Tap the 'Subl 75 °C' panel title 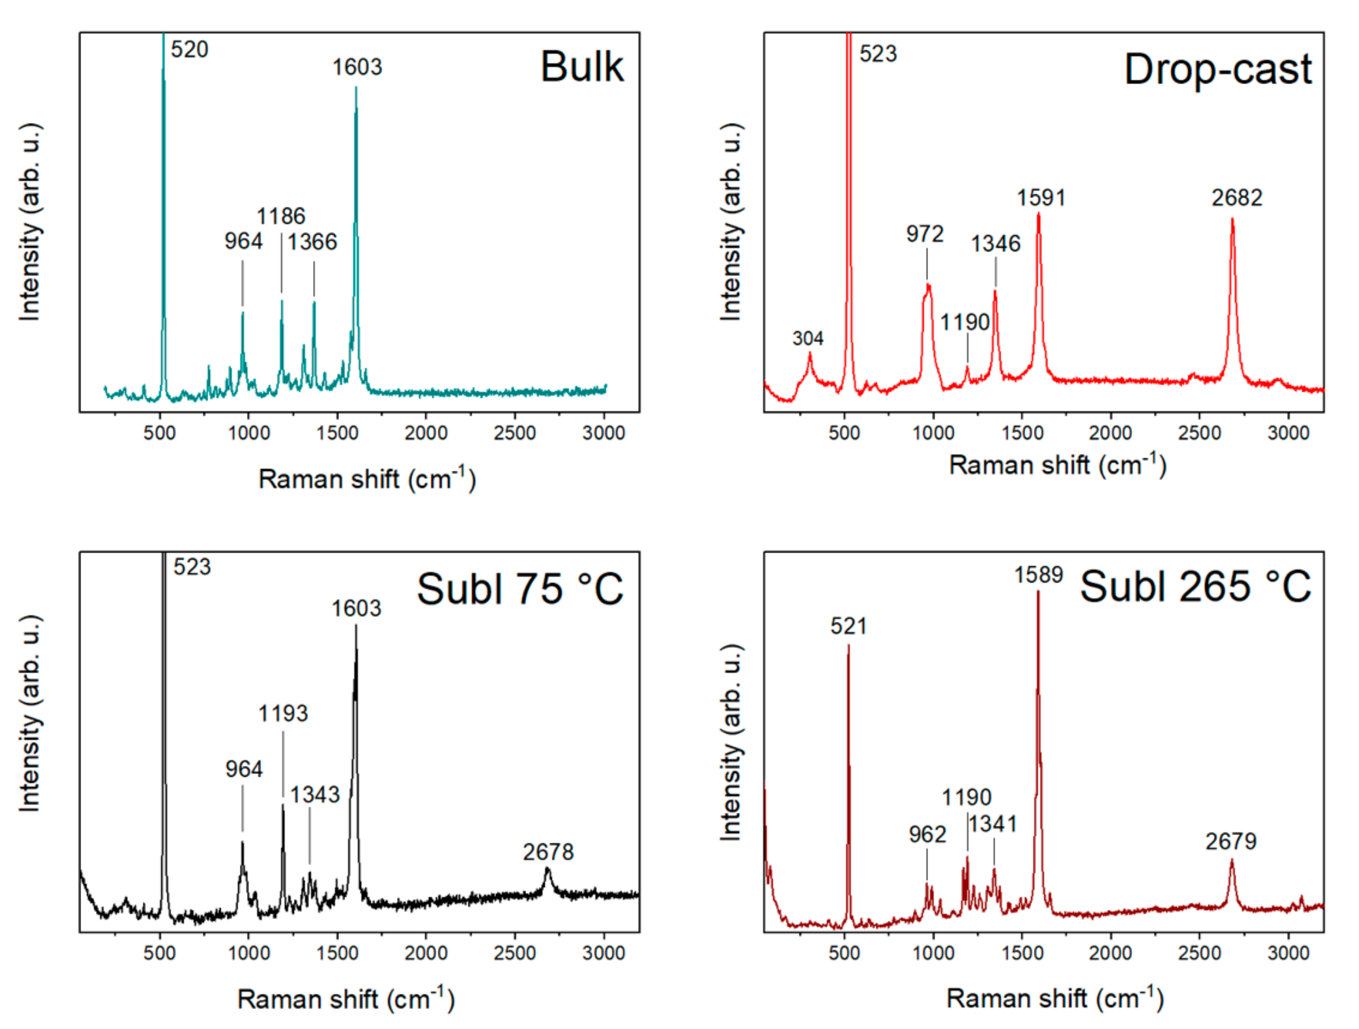[x=520, y=589]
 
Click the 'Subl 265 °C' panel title [x=1195, y=586]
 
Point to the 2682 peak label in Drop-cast [x=1236, y=198]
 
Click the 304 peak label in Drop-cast [x=807, y=338]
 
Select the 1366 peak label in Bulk [x=312, y=242]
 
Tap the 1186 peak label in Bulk [x=280, y=216]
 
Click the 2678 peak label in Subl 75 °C [x=548, y=852]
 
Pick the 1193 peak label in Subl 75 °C [x=283, y=713]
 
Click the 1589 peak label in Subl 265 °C [x=1038, y=575]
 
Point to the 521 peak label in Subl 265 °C [x=848, y=626]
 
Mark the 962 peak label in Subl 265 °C [x=927, y=834]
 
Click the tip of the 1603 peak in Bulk [x=356, y=88]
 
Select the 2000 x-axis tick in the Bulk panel [x=426, y=433]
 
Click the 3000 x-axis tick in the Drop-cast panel [x=1288, y=433]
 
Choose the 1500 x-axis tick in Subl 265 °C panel [x=1022, y=953]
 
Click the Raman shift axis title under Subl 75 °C [x=346, y=1000]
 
